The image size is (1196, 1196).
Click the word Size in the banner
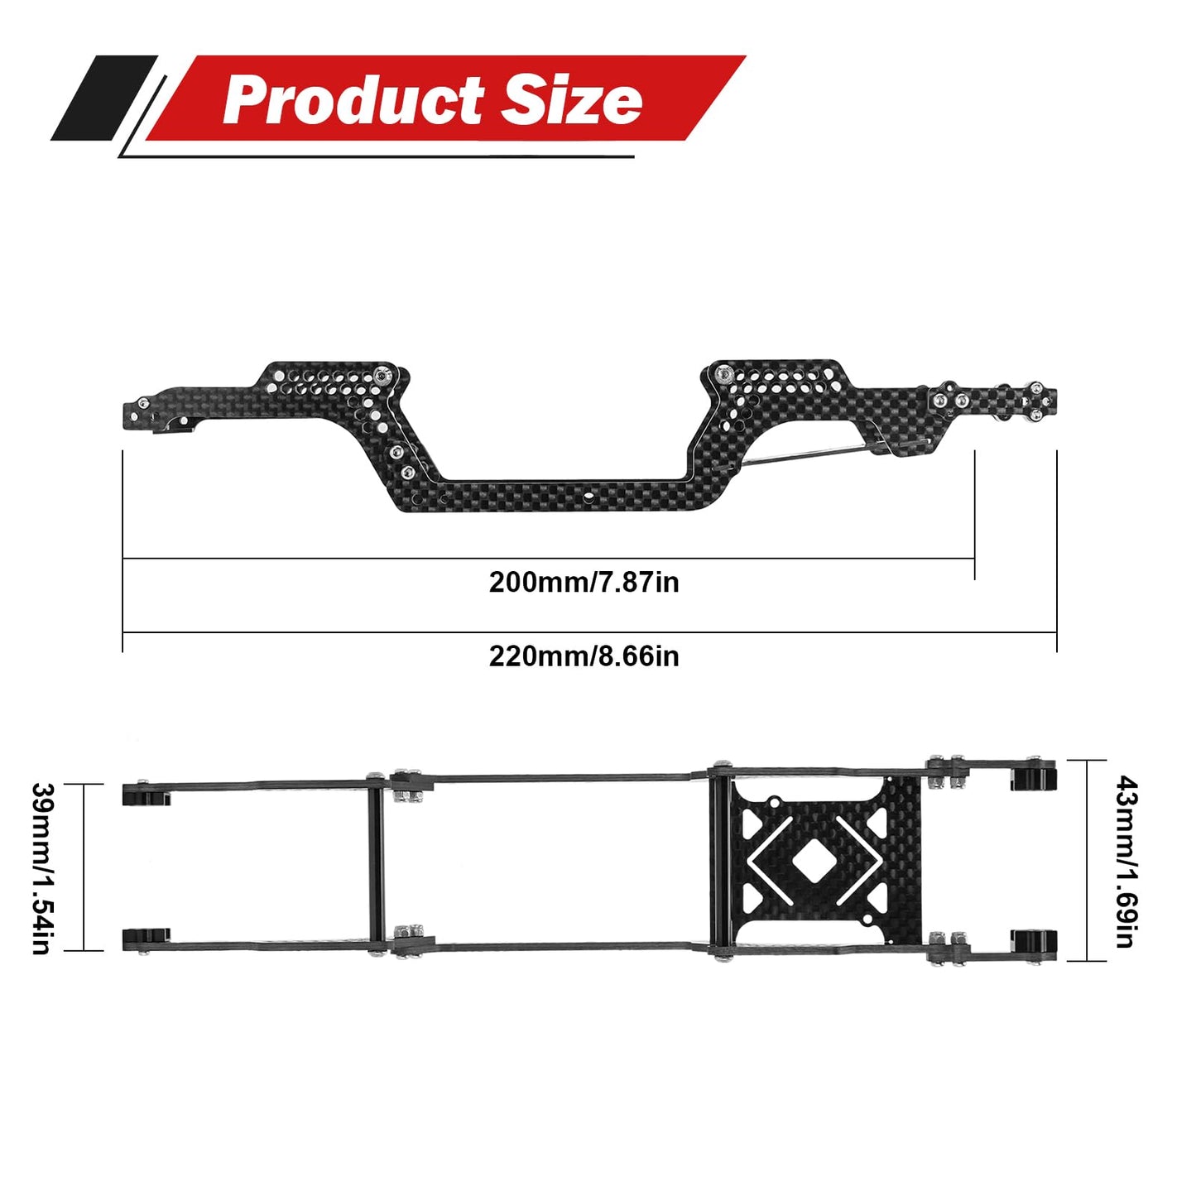tap(572, 101)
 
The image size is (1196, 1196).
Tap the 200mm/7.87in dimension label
tap(584, 583)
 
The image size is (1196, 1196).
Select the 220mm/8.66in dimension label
tap(584, 656)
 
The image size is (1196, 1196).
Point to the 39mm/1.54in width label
tap(41, 867)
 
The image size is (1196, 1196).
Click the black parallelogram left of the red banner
tap(103, 98)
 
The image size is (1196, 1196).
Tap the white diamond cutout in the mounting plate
tap(814, 862)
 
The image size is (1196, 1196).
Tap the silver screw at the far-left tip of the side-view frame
tap(143, 403)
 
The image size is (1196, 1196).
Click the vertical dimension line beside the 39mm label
tap(84, 867)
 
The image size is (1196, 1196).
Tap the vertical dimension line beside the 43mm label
tap(1087, 861)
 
